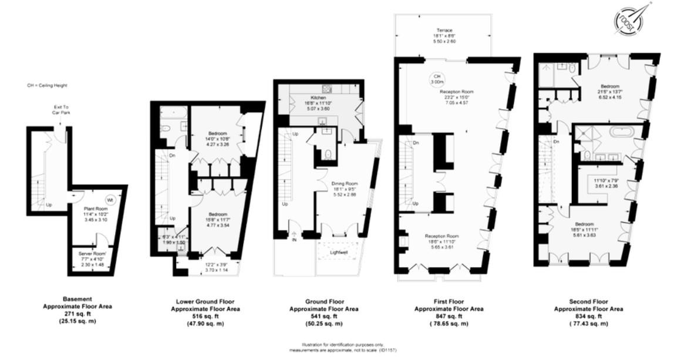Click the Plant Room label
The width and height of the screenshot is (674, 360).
pos(93,208)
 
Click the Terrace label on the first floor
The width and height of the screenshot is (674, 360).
pos(444,30)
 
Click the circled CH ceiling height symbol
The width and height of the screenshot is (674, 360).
pos(436,79)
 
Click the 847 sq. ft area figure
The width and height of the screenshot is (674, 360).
pos(450,315)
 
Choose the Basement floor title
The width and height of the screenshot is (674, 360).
pos(77,299)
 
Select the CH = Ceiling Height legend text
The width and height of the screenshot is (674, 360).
pos(48,86)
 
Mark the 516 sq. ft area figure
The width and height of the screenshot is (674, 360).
pos(205,316)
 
